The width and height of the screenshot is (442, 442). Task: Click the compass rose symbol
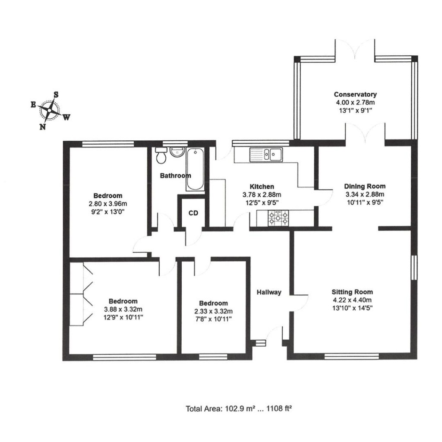pos(51,110)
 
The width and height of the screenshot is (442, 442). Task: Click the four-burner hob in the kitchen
pos(278,218)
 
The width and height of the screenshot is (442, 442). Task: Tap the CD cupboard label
pos(193,213)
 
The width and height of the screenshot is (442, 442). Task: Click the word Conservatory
pos(355,95)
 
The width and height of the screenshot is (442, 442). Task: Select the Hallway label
pos(269,292)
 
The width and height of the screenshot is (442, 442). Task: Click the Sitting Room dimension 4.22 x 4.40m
pos(352,300)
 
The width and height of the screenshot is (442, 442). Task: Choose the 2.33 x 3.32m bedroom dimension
pos(213,311)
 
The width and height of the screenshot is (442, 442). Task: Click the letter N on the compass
pos(42,126)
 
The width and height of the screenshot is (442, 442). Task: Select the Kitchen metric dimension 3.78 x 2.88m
pos(262,194)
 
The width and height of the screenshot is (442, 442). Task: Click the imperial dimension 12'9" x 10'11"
pos(123,317)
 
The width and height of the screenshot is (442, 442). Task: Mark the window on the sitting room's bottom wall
pos(351,357)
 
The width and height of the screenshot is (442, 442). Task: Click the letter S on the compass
pos(56,94)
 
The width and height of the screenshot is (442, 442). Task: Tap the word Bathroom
pos(175,176)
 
